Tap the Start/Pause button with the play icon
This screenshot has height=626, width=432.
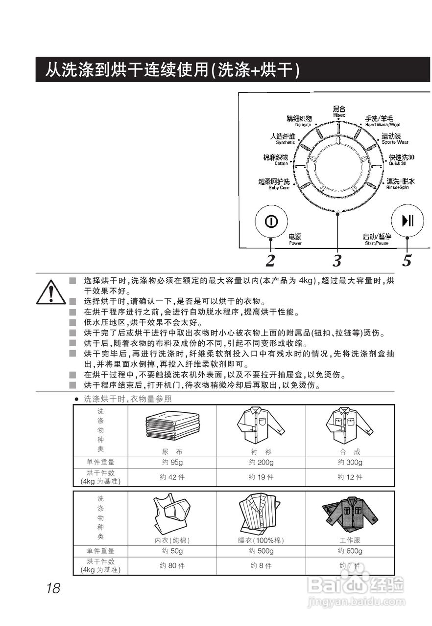407,222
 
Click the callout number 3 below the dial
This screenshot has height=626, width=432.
337,261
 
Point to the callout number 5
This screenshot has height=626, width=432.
407,261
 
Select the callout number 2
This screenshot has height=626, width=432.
270,261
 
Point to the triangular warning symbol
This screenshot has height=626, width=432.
50,292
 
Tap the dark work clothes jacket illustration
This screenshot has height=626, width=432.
350,514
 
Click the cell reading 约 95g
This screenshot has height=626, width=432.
172,463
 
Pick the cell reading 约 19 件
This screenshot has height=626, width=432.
261,477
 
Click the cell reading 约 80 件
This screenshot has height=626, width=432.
172,565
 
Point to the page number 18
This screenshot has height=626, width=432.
53,588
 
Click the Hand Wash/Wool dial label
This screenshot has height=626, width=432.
383,121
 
